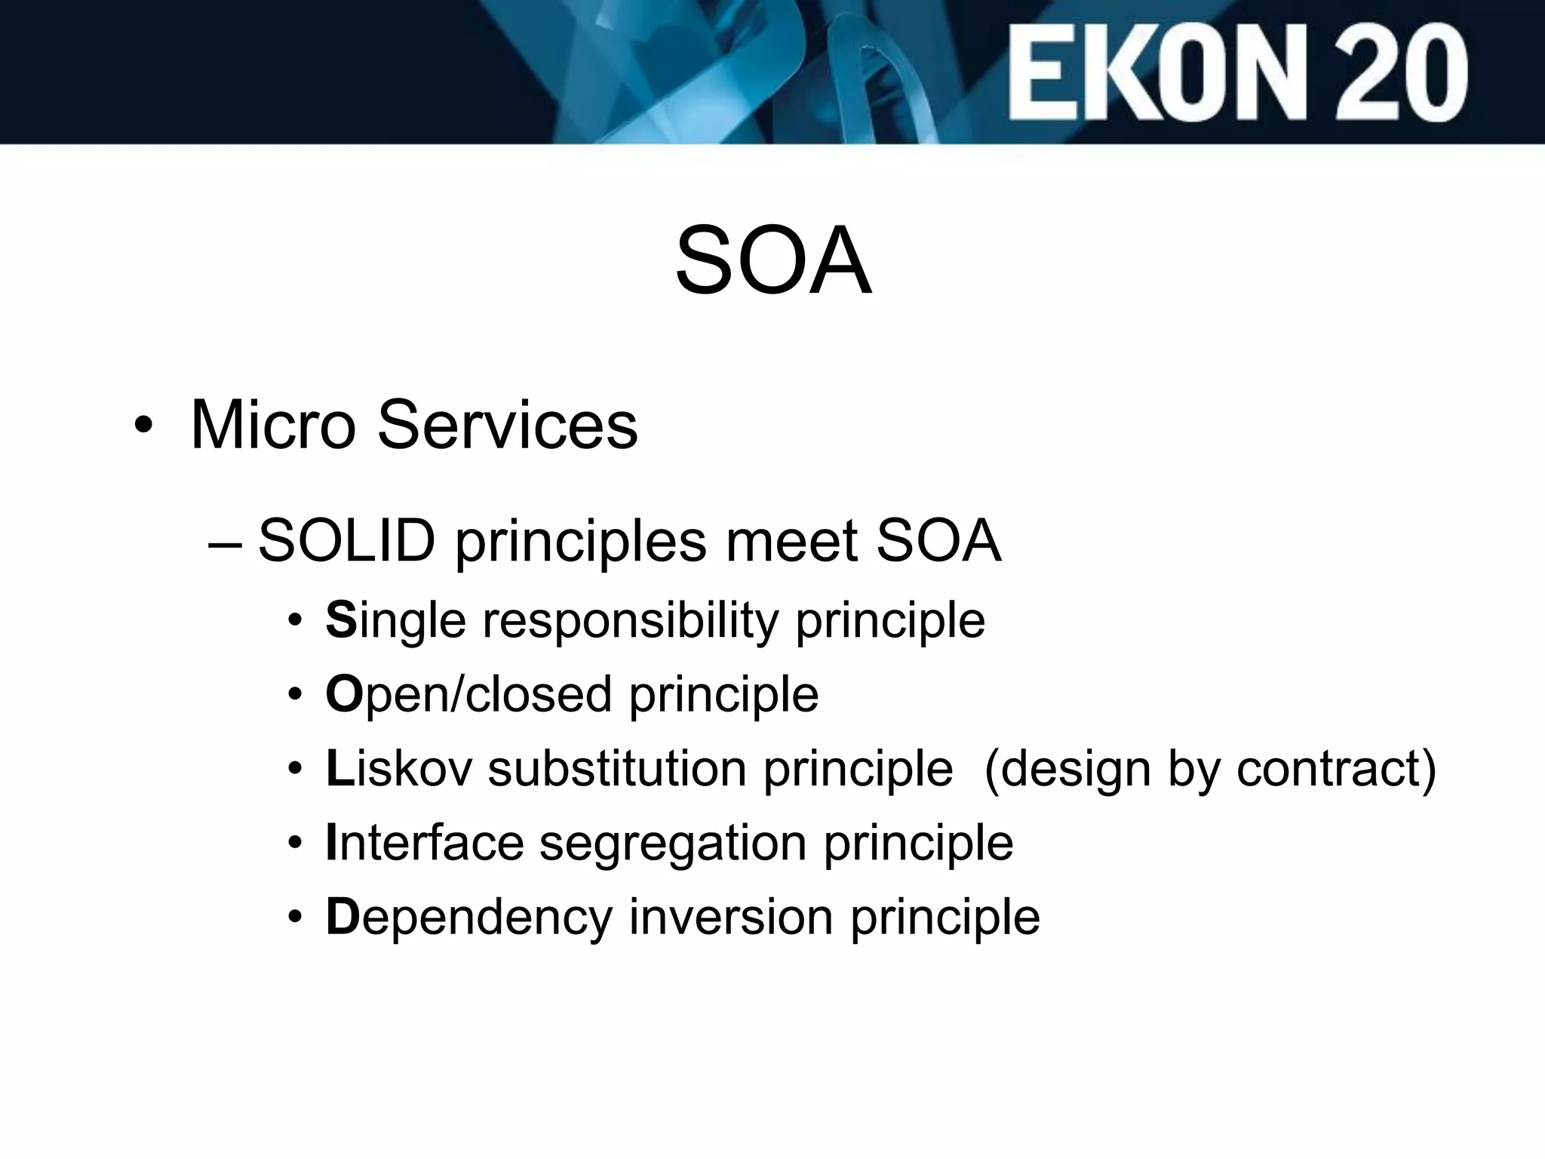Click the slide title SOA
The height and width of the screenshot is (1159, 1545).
click(x=773, y=261)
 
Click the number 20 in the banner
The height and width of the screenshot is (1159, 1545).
click(x=1396, y=73)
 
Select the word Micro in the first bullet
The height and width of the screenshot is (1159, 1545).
click(x=273, y=425)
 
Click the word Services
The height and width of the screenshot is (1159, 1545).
click(x=507, y=425)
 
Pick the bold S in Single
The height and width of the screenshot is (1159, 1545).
click(x=341, y=620)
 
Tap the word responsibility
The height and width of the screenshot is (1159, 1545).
click(x=631, y=620)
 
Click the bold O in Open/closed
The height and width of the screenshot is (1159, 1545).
click(x=343, y=694)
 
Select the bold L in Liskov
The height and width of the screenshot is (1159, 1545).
click(x=339, y=769)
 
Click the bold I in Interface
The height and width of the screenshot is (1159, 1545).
click(x=330, y=843)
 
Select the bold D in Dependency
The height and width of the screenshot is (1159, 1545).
click(x=341, y=917)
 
